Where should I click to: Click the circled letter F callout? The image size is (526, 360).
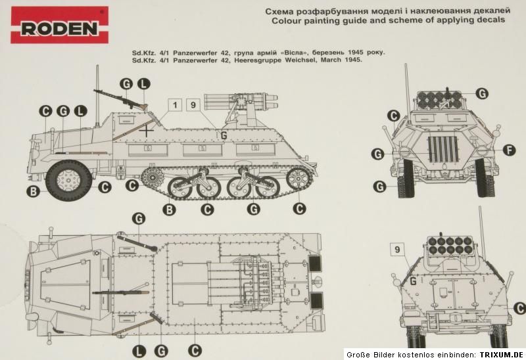point(508,150)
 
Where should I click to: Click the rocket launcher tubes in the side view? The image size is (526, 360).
point(243,101)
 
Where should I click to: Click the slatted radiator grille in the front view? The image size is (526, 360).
point(442,152)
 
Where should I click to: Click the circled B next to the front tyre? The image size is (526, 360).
point(32,192)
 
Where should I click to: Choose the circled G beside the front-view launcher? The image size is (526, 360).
point(482,94)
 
